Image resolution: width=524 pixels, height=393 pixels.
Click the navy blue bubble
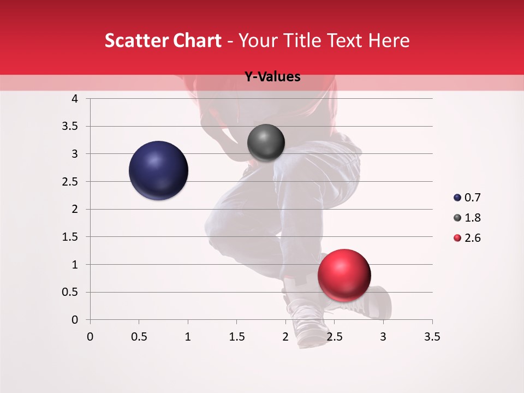(158, 170)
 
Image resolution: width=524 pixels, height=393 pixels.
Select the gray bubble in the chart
(266, 142)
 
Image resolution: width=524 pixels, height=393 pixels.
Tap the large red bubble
(344, 275)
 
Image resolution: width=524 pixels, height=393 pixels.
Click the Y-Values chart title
(272, 77)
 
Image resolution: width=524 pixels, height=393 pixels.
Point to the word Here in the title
(388, 40)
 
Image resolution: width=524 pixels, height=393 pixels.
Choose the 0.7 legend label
(472, 198)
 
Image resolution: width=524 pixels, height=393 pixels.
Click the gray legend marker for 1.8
(457, 218)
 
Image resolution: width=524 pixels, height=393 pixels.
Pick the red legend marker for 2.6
(457, 238)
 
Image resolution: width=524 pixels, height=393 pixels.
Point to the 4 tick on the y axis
(75, 99)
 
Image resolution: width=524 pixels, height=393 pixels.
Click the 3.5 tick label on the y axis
(70, 126)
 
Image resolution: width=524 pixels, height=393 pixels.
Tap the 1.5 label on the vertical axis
(70, 237)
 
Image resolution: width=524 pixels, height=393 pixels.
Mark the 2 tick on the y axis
(75, 209)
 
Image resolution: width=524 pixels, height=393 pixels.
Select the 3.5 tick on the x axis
(432, 337)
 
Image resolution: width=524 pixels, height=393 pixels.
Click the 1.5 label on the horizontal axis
(236, 337)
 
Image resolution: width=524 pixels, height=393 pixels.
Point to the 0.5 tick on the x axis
(139, 337)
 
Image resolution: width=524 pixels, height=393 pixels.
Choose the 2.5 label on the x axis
(334, 337)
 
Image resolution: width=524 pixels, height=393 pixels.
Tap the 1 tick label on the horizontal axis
(188, 337)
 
